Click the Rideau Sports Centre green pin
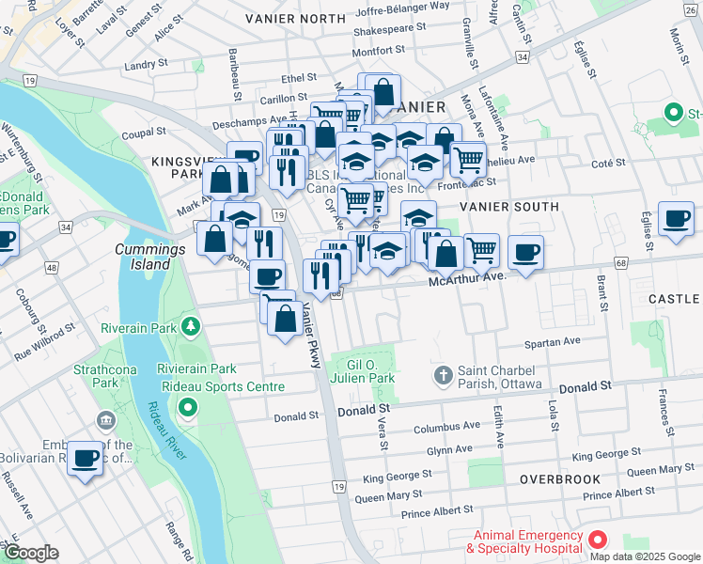click(x=188, y=408)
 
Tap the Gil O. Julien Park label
click(x=369, y=371)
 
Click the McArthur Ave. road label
click(x=468, y=277)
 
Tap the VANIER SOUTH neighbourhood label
click(x=509, y=206)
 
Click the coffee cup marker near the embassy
click(x=86, y=459)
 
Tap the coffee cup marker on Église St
click(x=676, y=219)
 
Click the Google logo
click(x=31, y=553)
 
